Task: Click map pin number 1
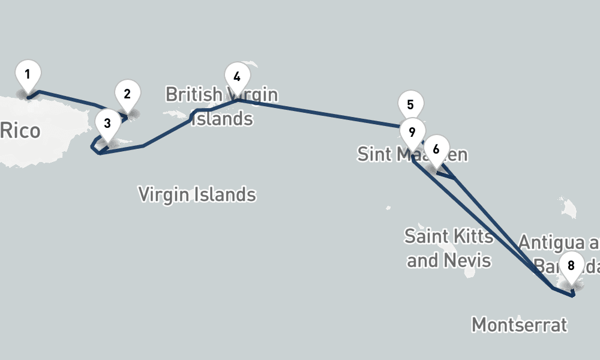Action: click(28, 75)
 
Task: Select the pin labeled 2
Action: click(127, 94)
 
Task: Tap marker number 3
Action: click(107, 124)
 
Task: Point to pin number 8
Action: click(571, 266)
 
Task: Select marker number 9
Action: click(412, 132)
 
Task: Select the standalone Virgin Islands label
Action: click(197, 194)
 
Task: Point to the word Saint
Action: click(427, 236)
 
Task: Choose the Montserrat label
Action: click(519, 325)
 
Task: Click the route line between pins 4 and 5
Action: click(318, 113)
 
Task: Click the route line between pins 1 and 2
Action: click(66, 98)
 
